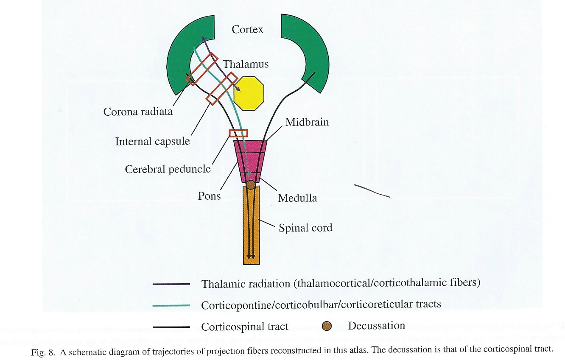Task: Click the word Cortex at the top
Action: (248, 30)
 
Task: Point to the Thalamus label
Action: (246, 64)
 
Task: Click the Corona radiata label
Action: (138, 112)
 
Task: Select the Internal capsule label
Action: (153, 141)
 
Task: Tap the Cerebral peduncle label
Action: (168, 169)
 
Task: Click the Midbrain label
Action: (307, 123)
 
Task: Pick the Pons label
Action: (210, 196)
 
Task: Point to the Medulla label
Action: (297, 198)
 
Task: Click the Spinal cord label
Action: (305, 228)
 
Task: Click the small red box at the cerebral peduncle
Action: (238, 133)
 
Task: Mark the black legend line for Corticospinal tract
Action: (171, 327)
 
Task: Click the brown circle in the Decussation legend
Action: (327, 326)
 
